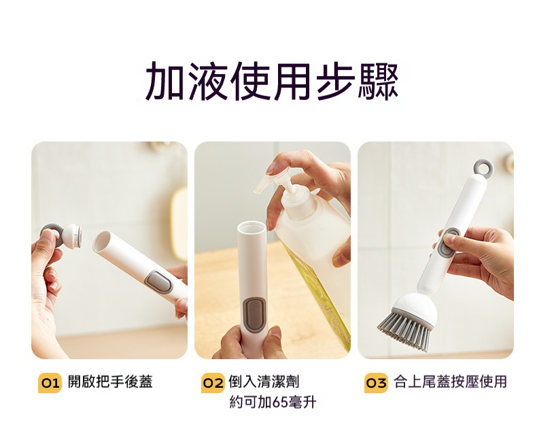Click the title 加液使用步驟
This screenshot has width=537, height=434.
(x=272, y=81)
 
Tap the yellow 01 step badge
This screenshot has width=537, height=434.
(x=50, y=382)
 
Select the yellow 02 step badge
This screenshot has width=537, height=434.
(x=213, y=382)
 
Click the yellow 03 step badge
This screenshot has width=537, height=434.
(x=376, y=382)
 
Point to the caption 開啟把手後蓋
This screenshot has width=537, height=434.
(x=110, y=382)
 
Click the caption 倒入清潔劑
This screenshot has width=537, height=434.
(x=264, y=382)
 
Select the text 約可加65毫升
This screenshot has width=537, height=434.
(x=273, y=402)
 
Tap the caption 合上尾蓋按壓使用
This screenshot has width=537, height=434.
(x=450, y=382)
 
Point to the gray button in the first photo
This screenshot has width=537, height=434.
(x=158, y=282)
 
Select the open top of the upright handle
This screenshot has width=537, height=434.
(x=252, y=226)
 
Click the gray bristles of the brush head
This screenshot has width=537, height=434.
(x=405, y=329)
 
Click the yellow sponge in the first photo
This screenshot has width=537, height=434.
(x=179, y=223)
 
